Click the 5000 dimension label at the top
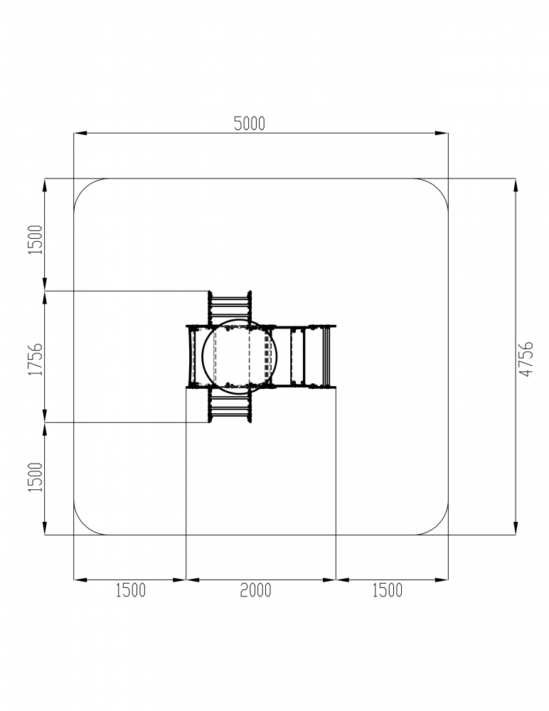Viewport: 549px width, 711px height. [249, 123]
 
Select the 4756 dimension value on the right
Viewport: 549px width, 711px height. [526, 358]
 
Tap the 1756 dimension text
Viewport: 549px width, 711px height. [36, 358]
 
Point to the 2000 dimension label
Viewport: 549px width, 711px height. [255, 590]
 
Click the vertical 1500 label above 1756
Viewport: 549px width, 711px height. [36, 240]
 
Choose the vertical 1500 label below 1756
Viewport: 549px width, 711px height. [36, 477]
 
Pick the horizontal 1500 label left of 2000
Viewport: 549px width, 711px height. [131, 590]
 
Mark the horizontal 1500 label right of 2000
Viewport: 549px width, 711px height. [388, 590]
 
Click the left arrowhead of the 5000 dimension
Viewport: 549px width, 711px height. [80, 134]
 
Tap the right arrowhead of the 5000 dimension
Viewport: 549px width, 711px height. [442, 134]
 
